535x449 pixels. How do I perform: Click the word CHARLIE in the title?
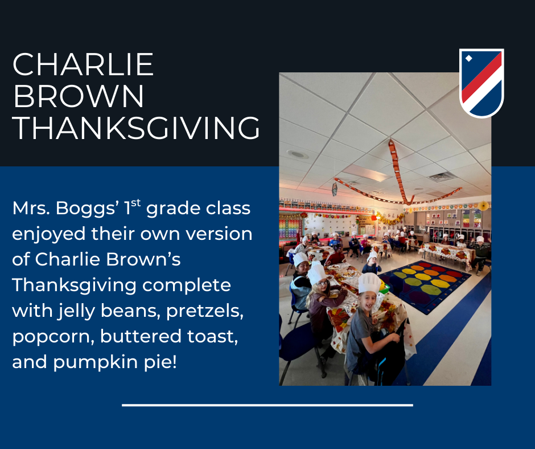click(x=83, y=64)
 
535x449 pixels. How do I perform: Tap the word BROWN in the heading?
click(x=79, y=96)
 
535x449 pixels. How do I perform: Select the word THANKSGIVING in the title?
click(x=137, y=128)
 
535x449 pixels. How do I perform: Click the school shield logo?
click(x=481, y=83)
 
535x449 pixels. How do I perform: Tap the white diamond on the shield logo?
click(x=469, y=59)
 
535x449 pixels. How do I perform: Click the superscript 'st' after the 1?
click(x=136, y=203)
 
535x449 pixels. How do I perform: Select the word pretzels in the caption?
click(x=205, y=311)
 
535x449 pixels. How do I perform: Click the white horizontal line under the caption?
click(x=267, y=405)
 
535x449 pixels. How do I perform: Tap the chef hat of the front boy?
click(x=369, y=283)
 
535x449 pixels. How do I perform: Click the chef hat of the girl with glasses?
click(x=316, y=274)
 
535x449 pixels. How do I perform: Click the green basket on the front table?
click(x=384, y=288)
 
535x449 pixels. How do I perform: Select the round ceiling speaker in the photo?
click(x=298, y=154)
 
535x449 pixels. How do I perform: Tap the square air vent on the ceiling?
click(x=442, y=177)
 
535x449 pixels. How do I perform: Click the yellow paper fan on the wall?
click(x=483, y=206)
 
